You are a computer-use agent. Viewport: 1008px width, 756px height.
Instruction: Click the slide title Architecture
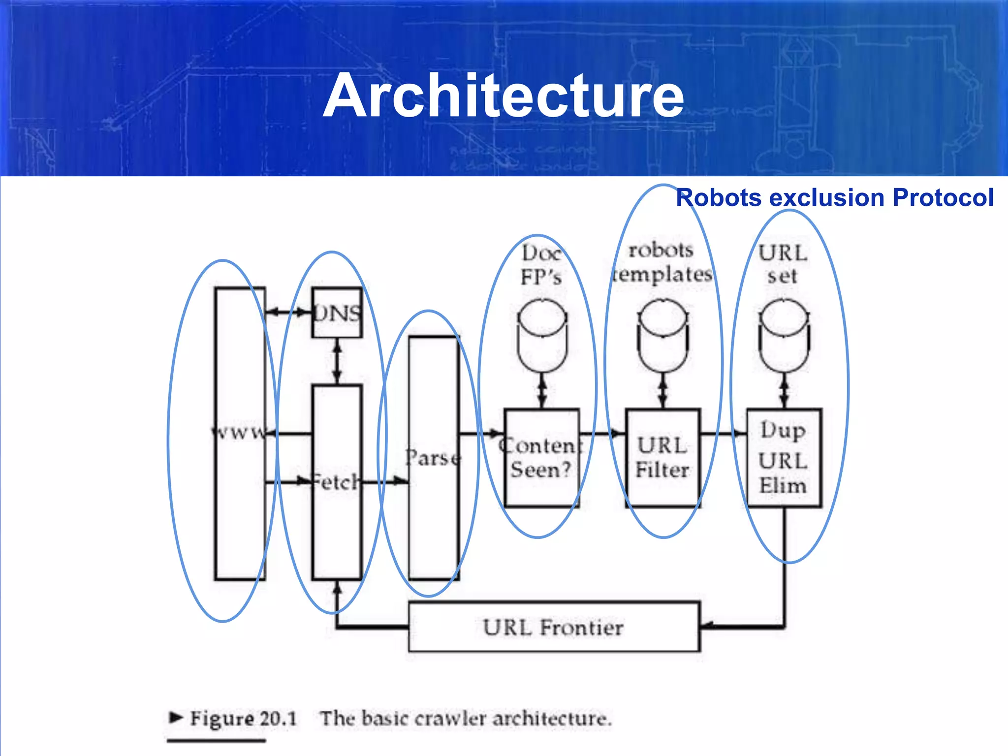[x=503, y=96]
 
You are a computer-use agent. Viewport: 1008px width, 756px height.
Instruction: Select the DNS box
[x=337, y=313]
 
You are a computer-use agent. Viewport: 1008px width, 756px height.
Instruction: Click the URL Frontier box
[x=554, y=627]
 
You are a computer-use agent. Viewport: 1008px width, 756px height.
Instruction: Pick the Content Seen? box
[x=541, y=458]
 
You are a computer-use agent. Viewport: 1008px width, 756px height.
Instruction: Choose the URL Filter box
[x=662, y=458]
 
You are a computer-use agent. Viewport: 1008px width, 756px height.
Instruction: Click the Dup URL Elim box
[x=784, y=458]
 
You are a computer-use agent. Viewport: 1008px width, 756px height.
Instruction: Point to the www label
[x=239, y=433]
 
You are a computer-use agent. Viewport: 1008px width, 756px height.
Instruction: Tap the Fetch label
[x=337, y=482]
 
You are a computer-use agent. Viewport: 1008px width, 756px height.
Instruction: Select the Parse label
[x=433, y=458]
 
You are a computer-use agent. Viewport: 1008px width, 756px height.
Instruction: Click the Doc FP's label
[x=541, y=265]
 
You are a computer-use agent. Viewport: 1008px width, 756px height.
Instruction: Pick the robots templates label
[x=662, y=262]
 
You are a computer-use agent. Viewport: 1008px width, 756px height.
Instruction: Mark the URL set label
[x=783, y=264]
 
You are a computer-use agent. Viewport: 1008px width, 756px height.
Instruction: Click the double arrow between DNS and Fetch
[x=337, y=361]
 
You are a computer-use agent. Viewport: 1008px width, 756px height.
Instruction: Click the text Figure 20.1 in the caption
[x=243, y=719]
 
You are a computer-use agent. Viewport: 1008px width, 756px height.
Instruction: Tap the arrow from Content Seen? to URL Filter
[x=603, y=434]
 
